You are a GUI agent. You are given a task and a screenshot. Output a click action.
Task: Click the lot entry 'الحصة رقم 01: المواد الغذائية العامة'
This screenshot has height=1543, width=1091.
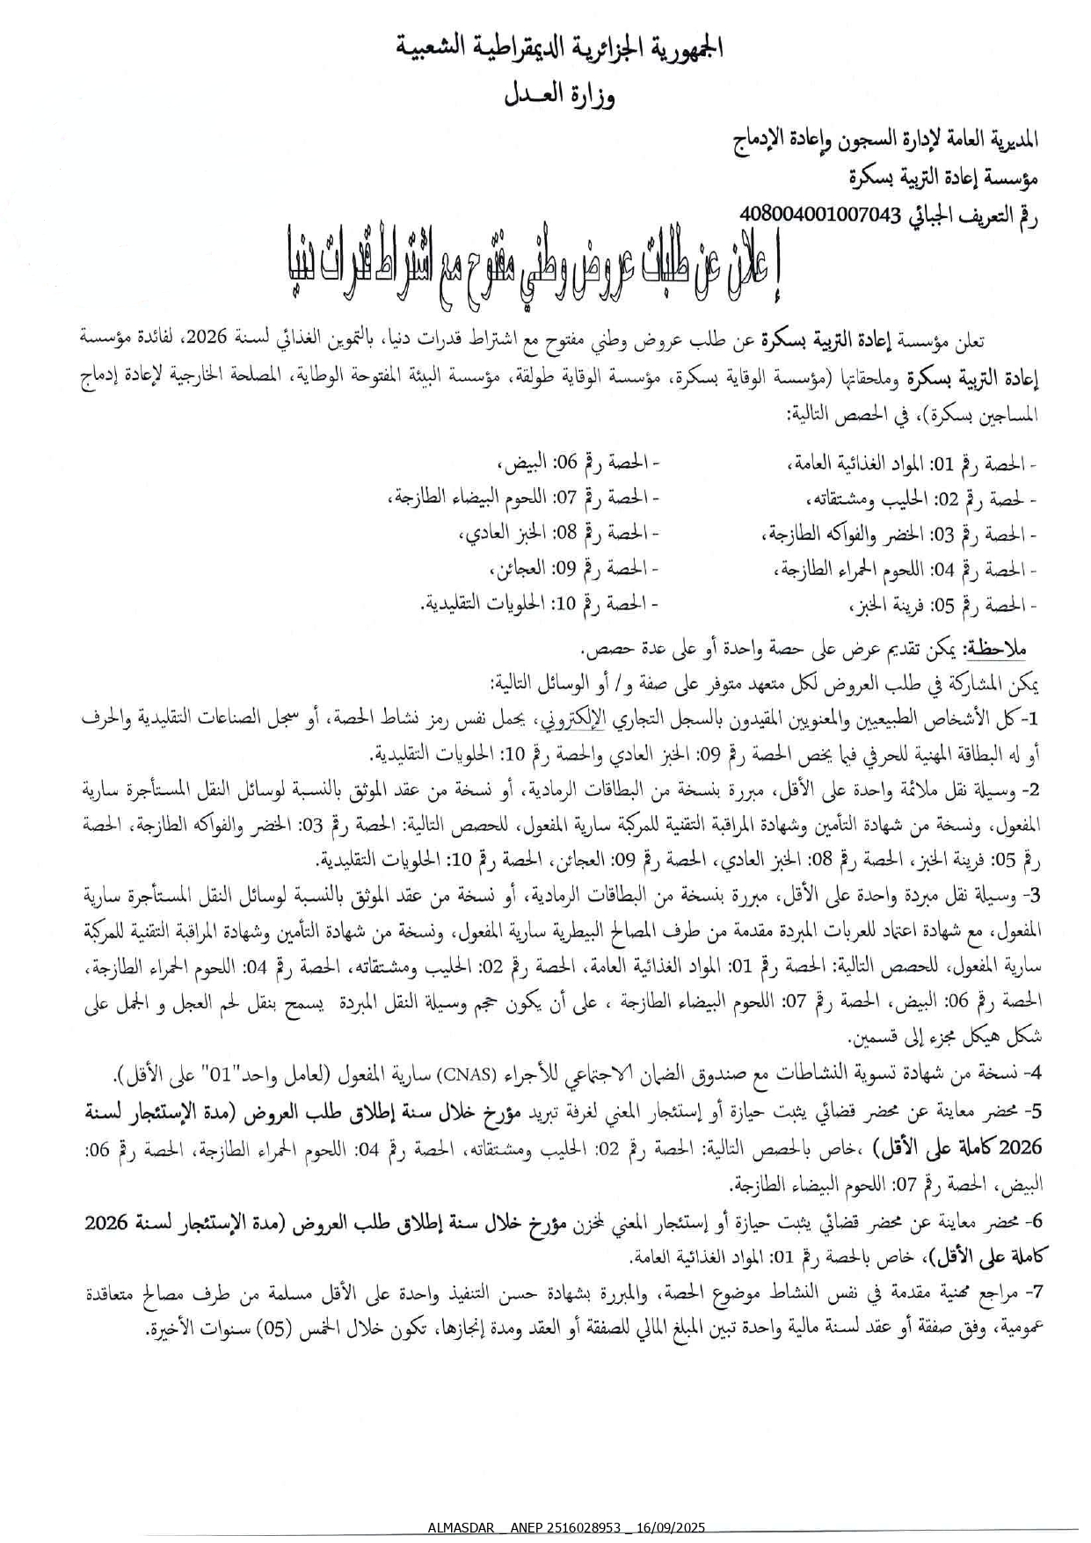click(911, 463)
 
